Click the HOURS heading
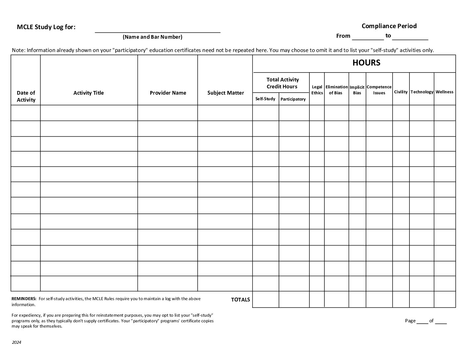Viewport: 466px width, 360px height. coord(366,63)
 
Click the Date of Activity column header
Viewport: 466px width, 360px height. coord(26,96)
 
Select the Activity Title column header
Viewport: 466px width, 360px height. coord(88,93)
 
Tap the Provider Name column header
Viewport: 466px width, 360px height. coord(168,93)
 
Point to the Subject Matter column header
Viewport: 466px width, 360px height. coord(225,93)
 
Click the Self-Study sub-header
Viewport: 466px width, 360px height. coord(265,99)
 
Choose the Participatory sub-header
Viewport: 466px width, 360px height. coord(293,99)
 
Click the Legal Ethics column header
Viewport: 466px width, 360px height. coord(317,90)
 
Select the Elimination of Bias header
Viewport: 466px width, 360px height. coord(336,90)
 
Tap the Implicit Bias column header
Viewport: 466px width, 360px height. coord(357,90)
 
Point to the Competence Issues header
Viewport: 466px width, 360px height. coord(379,90)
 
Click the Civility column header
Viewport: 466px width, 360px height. coord(400,92)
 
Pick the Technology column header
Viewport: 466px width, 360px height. coord(422,92)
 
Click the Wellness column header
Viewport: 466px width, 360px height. coord(444,92)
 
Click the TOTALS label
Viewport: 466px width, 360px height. coord(240,300)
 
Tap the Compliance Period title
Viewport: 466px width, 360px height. coord(389,26)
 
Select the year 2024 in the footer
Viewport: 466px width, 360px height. coord(17,342)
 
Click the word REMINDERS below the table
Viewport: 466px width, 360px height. coord(24,299)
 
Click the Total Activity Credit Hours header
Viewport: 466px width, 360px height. coord(282,83)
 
